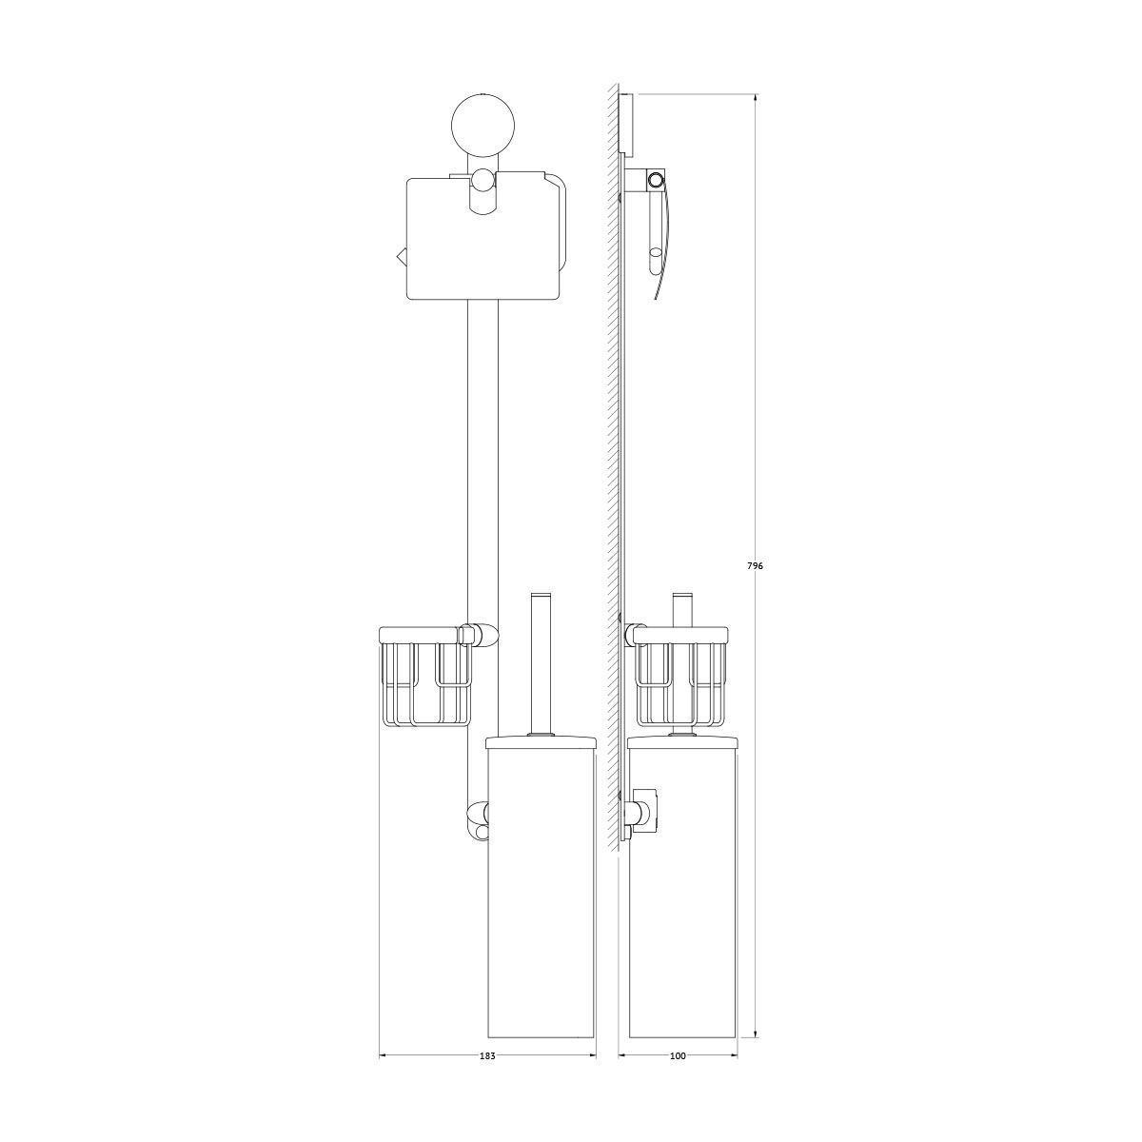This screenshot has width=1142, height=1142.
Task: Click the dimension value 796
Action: [755, 565]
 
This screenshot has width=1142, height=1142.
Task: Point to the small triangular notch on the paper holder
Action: [401, 257]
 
